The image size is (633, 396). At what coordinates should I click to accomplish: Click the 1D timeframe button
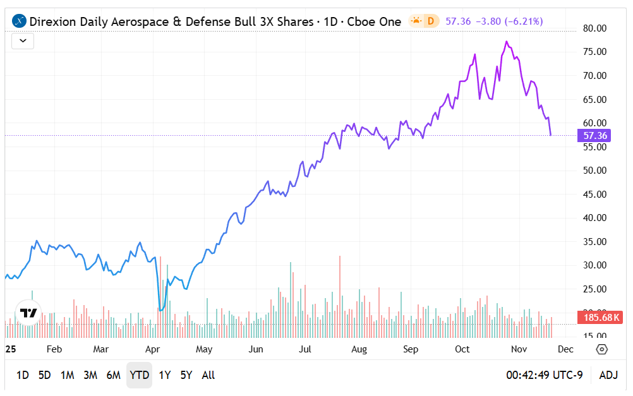tap(22, 375)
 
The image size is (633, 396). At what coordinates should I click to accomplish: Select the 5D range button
tap(44, 375)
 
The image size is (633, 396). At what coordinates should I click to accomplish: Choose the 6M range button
tap(113, 375)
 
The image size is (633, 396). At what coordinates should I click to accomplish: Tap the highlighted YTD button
tap(139, 375)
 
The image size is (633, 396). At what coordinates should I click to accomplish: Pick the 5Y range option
tap(186, 375)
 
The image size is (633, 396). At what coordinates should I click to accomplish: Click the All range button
tap(208, 375)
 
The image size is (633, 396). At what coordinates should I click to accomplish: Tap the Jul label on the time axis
tap(304, 349)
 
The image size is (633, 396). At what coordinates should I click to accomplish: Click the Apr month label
tap(152, 349)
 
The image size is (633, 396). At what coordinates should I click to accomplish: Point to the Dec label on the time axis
tap(565, 349)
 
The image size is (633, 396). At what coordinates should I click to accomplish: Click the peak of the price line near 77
tap(507, 42)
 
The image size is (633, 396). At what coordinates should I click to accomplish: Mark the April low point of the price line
tap(160, 310)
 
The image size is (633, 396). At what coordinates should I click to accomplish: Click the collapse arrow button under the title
tap(23, 41)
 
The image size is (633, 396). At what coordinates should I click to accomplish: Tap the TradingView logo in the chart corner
tap(28, 313)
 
